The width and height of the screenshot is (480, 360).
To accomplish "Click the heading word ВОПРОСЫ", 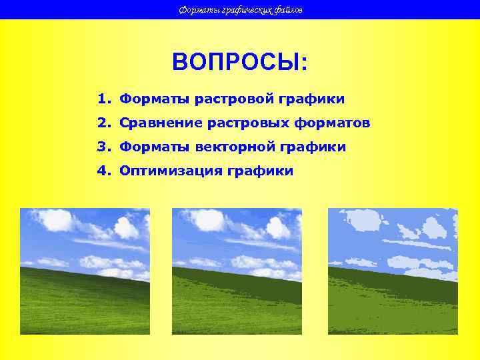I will tap(239, 63).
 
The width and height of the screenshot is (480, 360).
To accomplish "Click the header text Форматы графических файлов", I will tap(241, 10).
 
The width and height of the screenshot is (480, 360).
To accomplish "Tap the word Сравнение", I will tap(161, 123).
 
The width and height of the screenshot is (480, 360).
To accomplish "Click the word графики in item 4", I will tap(260, 171).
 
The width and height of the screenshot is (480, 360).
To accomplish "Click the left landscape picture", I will tap(85, 271).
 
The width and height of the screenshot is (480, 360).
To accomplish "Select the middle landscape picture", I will tap(237, 271).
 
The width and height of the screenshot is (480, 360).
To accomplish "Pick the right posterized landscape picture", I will tap(393, 271).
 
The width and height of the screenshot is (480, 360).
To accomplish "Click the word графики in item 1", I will tap(312, 100).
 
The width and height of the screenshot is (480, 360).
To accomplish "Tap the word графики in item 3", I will tap(313, 147).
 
